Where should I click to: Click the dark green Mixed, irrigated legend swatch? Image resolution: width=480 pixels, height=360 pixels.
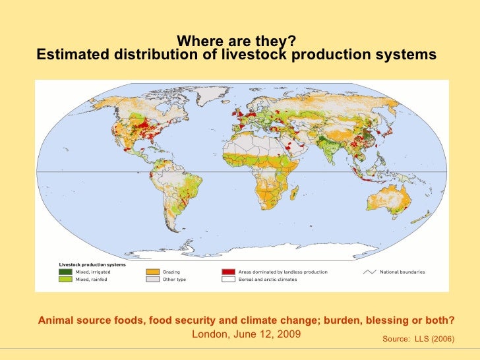pos(65,272)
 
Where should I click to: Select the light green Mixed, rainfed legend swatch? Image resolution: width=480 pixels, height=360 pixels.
pos(65,280)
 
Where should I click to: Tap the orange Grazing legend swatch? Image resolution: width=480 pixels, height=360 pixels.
pos(152,272)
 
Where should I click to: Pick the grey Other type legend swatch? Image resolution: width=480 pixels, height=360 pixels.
pos(152,280)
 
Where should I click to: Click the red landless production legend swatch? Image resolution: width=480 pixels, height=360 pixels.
pos(228,272)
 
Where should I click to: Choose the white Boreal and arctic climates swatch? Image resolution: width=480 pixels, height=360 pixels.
pos(228,280)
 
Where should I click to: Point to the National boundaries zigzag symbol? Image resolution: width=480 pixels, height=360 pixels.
pos(369,272)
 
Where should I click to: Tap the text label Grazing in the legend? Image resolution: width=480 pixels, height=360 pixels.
pos(171,272)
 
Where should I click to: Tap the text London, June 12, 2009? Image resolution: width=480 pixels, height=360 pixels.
pos(246,334)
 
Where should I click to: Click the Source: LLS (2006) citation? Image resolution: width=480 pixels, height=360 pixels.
pos(418,338)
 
